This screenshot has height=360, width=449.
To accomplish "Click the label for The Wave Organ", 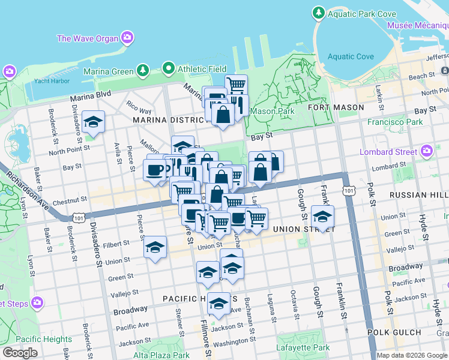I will (x=88, y=38).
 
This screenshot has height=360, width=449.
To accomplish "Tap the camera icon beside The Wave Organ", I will (x=127, y=38).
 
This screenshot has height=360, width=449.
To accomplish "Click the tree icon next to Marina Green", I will (x=143, y=71).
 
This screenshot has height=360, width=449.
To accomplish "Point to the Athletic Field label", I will (x=201, y=68).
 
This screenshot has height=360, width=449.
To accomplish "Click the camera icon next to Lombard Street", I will (x=427, y=150).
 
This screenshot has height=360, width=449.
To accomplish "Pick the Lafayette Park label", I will (x=303, y=347).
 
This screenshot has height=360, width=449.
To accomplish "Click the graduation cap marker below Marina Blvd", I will (x=94, y=122).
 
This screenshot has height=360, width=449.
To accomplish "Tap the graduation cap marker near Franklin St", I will (x=322, y=217).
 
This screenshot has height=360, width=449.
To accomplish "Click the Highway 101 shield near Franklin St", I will (x=349, y=190).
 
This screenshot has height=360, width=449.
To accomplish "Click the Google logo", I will (x=20, y=353).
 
